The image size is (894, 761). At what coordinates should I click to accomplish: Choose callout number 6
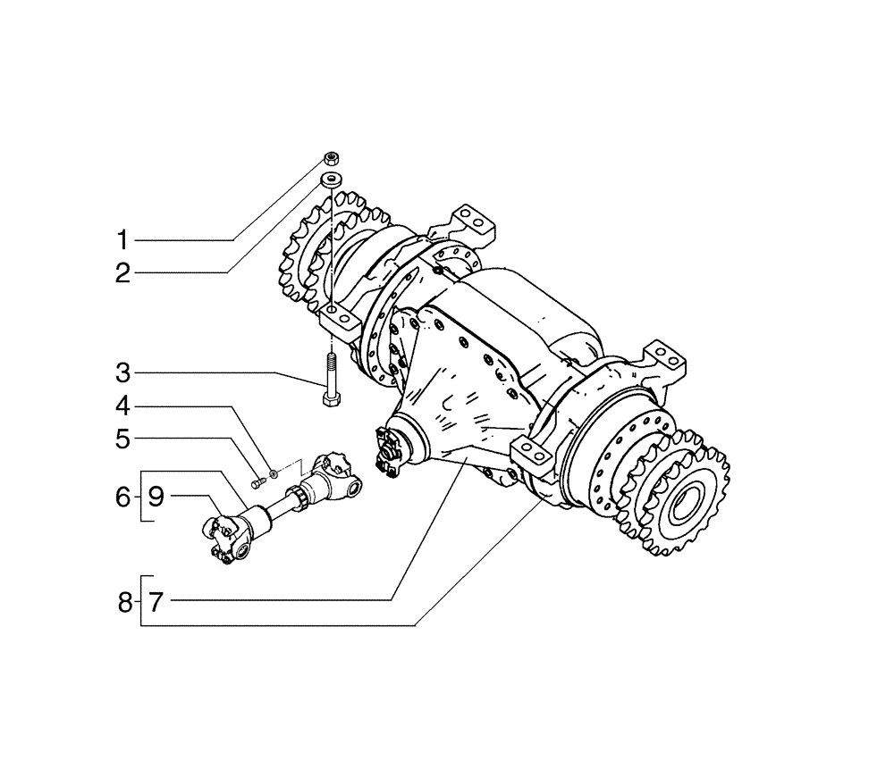coord(123,497)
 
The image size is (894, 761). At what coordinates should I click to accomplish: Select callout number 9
coord(155,497)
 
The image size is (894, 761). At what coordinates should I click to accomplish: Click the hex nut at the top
coord(331,159)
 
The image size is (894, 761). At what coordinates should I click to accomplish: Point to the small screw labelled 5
coord(257,483)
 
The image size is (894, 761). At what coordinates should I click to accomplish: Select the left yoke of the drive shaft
coord(224,538)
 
